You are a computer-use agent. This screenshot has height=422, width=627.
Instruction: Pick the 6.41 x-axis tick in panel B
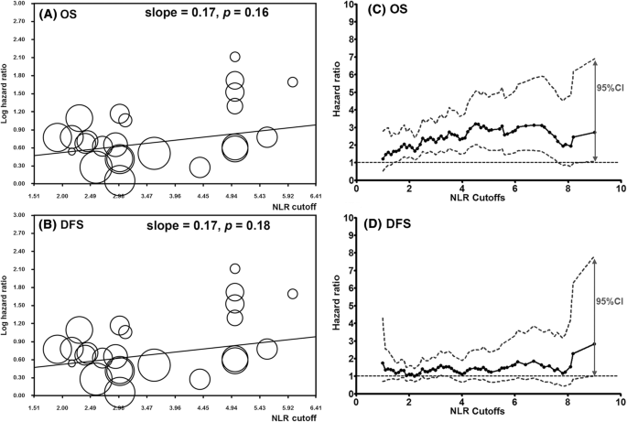[314, 406]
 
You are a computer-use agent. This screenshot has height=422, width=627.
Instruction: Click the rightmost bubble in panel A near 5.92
[293, 82]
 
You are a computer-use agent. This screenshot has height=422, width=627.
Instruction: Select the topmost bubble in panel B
[235, 268]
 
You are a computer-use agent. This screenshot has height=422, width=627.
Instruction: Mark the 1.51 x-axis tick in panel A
[34, 196]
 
